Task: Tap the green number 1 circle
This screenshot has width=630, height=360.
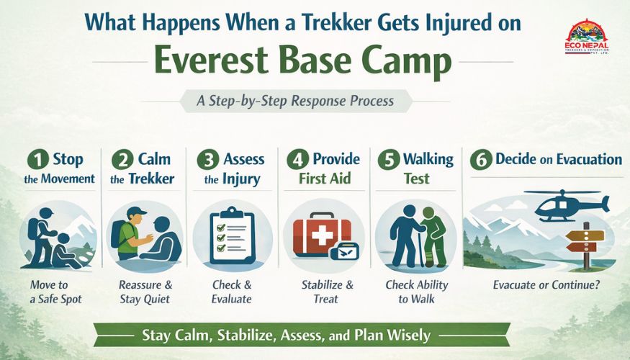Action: click(x=35, y=160)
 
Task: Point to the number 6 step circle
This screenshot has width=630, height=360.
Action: click(x=480, y=160)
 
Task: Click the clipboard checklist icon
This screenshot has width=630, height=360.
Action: click(x=231, y=236)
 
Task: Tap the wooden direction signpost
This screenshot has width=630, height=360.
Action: click(x=584, y=242)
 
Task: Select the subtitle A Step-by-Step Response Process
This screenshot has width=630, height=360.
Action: click(x=295, y=101)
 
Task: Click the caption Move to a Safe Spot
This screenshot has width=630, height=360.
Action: click(x=60, y=292)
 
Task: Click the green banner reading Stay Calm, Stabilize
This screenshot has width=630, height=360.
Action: click(x=302, y=335)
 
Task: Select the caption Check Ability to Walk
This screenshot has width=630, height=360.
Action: click(x=417, y=292)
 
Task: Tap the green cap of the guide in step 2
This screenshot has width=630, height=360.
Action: click(x=136, y=212)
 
